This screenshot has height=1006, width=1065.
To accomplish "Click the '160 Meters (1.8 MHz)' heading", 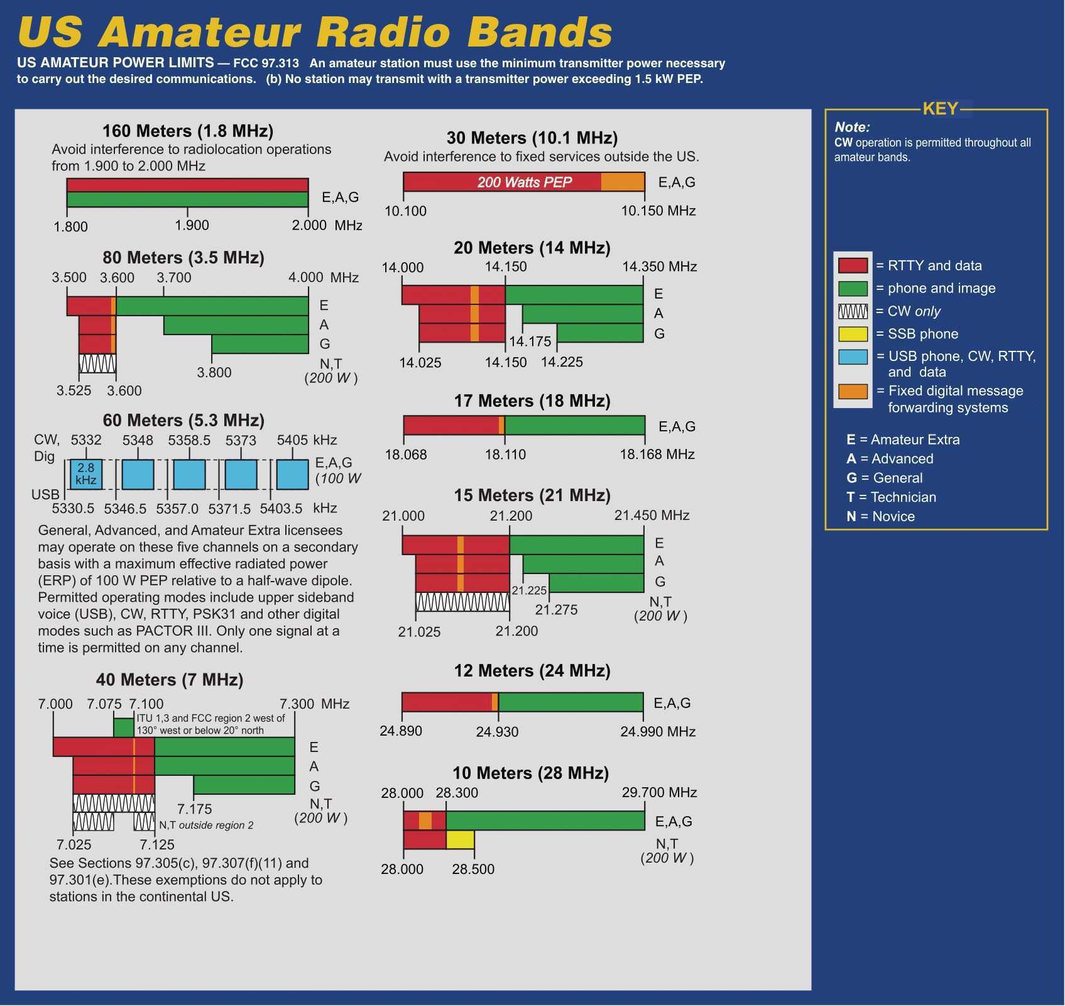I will tap(188, 131).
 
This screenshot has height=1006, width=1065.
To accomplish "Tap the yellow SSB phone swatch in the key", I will tap(853, 334).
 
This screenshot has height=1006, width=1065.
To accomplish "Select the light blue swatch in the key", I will tap(853, 357).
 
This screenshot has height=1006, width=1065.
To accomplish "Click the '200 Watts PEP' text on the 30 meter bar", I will tap(525, 182).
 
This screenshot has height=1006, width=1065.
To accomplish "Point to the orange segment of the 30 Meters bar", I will tap(623, 182).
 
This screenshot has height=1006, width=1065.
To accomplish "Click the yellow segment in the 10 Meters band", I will tap(461, 840).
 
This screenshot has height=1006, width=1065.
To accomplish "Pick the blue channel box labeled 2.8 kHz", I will tap(86, 474).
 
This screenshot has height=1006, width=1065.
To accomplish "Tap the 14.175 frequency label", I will tap(530, 341).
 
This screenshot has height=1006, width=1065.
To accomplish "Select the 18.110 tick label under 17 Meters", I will tap(505, 455).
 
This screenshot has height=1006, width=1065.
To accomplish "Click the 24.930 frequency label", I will tap(497, 732).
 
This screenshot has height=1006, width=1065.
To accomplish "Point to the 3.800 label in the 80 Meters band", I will tap(214, 372).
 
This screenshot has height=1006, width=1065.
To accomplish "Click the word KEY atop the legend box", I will tap(940, 109).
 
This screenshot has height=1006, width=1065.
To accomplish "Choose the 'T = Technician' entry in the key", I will tap(891, 497).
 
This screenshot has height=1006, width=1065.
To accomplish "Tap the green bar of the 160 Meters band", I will tap(187, 199).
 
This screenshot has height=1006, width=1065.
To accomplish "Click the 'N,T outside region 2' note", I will tap(206, 825).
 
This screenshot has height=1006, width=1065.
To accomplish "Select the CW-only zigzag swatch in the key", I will tap(853, 311).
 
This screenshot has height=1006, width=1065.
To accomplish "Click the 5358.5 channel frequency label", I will tap(189, 440).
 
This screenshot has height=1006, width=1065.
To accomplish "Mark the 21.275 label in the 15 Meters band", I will tap(556, 610).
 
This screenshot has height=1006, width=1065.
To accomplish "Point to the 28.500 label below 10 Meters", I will tap(473, 869).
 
